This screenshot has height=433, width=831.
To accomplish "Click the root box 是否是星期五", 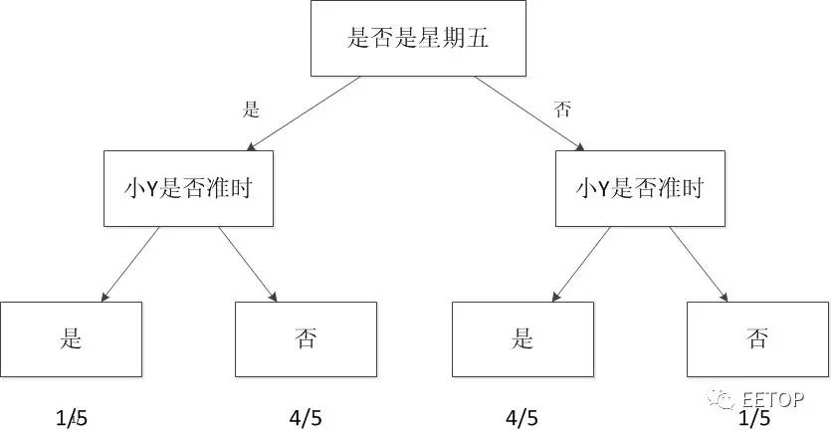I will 418,39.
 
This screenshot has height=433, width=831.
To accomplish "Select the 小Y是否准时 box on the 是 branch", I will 187,187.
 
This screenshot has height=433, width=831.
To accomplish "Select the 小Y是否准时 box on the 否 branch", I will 639,187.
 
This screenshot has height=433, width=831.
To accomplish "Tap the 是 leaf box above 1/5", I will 71,338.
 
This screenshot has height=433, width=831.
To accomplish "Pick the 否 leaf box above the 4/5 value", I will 306,338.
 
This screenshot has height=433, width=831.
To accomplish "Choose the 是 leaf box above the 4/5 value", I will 523,338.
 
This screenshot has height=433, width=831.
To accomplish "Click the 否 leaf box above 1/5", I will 757,338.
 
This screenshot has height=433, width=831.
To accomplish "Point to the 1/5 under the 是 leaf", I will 71,417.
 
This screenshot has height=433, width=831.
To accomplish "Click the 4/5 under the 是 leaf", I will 523,417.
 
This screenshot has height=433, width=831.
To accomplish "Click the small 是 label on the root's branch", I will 251,109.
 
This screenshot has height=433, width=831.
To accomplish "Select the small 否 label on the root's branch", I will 563,109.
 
